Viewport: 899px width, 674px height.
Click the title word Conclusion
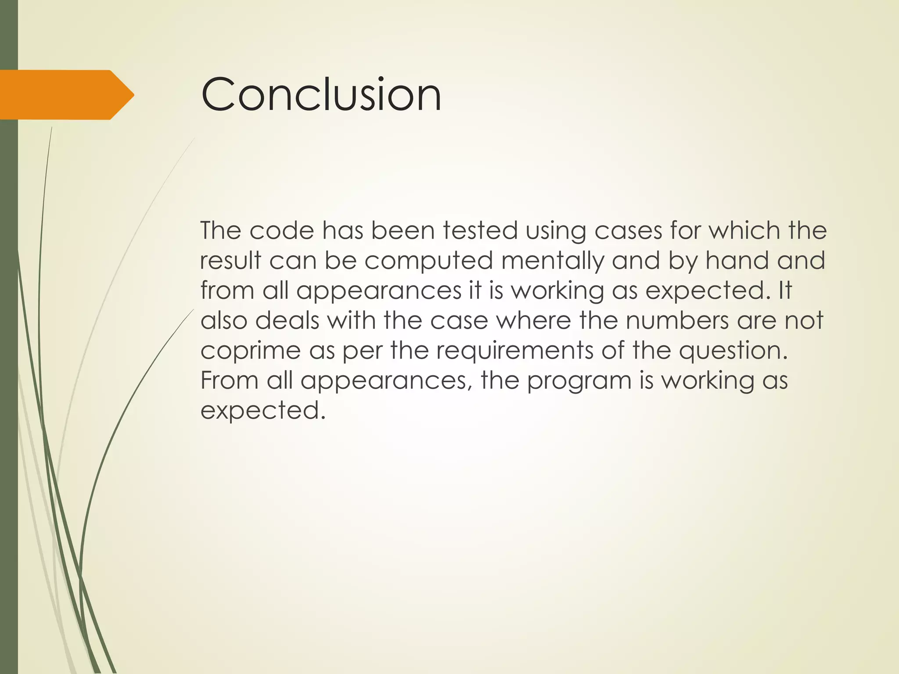coord(321,94)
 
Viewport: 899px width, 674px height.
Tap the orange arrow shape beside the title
coord(66,95)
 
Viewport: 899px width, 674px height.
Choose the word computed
coord(428,262)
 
